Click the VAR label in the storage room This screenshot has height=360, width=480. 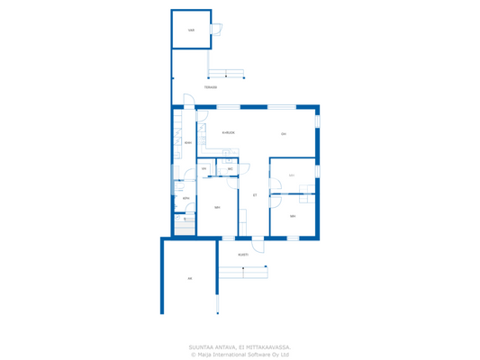pos(191,31)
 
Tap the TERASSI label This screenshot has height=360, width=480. pos(210,87)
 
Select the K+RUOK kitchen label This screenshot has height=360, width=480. pos(229,132)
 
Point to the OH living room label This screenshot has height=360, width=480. pos(283,134)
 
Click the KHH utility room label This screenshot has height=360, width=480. pos(187,142)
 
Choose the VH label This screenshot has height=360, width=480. pos(204,169)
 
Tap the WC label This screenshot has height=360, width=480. pos(231,169)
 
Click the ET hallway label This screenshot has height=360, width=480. pos(255,195)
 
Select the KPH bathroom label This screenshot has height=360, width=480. pos(186,199)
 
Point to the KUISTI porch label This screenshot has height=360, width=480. pos(243,255)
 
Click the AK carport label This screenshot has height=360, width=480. pos(189,279)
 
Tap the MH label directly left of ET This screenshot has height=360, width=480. pos(217,208)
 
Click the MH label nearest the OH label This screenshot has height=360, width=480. pos(291,175)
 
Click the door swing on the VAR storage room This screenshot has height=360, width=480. pos(216,30)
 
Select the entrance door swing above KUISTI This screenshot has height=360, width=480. pos(256,245)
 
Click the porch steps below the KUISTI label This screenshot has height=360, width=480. pos(242,271)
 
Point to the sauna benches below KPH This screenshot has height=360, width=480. pos(184,226)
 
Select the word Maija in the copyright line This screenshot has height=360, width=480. pos(207,354)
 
